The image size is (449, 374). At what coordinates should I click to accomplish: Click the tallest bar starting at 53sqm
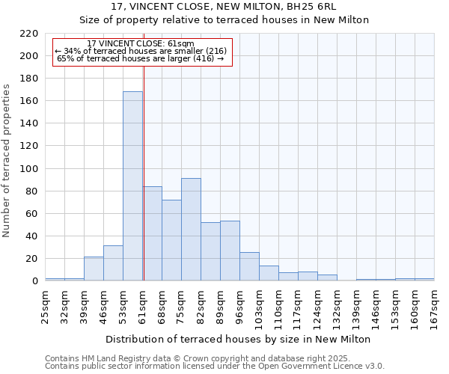coord(132,186)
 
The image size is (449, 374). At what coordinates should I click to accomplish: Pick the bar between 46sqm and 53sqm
coord(113,263)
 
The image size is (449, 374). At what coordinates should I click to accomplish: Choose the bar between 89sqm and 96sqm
coord(230,251)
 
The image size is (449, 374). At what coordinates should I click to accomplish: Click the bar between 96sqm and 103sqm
coord(249,266)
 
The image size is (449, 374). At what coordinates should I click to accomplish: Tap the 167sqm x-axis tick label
coord(434,307)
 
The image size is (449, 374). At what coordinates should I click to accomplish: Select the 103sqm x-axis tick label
coord(259,307)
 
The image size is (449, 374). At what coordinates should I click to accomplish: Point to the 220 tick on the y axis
coord(29,34)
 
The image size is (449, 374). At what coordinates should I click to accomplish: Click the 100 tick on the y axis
coord(29,169)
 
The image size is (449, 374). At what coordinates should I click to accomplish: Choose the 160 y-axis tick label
coord(29,101)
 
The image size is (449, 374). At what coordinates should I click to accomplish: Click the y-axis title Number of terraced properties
coord(7,161)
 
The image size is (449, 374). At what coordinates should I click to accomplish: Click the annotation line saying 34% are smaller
coord(141,51)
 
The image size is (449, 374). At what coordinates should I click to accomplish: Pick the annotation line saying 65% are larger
coord(141,58)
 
